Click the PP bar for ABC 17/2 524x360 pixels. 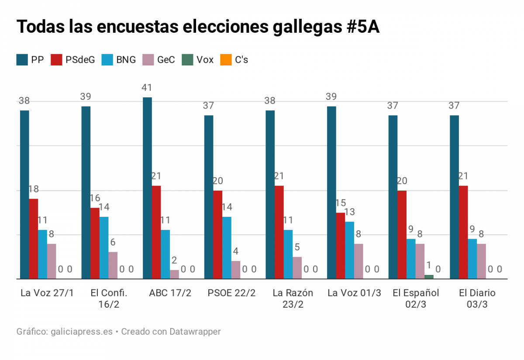(x=147, y=188)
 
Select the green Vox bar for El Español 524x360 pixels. (x=429, y=277)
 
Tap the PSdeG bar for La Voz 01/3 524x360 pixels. (x=341, y=245)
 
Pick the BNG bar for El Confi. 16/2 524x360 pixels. (x=104, y=247)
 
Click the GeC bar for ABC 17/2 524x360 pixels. (x=174, y=274)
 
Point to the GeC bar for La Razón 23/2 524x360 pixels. (x=297, y=267)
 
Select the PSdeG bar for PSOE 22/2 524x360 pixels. (x=217, y=234)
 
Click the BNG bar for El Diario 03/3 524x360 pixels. (x=472, y=258)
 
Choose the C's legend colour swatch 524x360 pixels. (x=226, y=60)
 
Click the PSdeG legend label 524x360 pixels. (x=80, y=60)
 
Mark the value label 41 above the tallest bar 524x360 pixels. (x=147, y=88)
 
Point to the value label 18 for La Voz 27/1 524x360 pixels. (x=34, y=189)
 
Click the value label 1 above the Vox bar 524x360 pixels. (x=429, y=265)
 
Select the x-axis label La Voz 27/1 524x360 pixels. (x=47, y=293)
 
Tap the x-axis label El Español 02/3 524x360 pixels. (x=416, y=298)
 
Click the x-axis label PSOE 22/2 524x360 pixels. (x=231, y=293)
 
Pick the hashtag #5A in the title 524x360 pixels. (x=362, y=27)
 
